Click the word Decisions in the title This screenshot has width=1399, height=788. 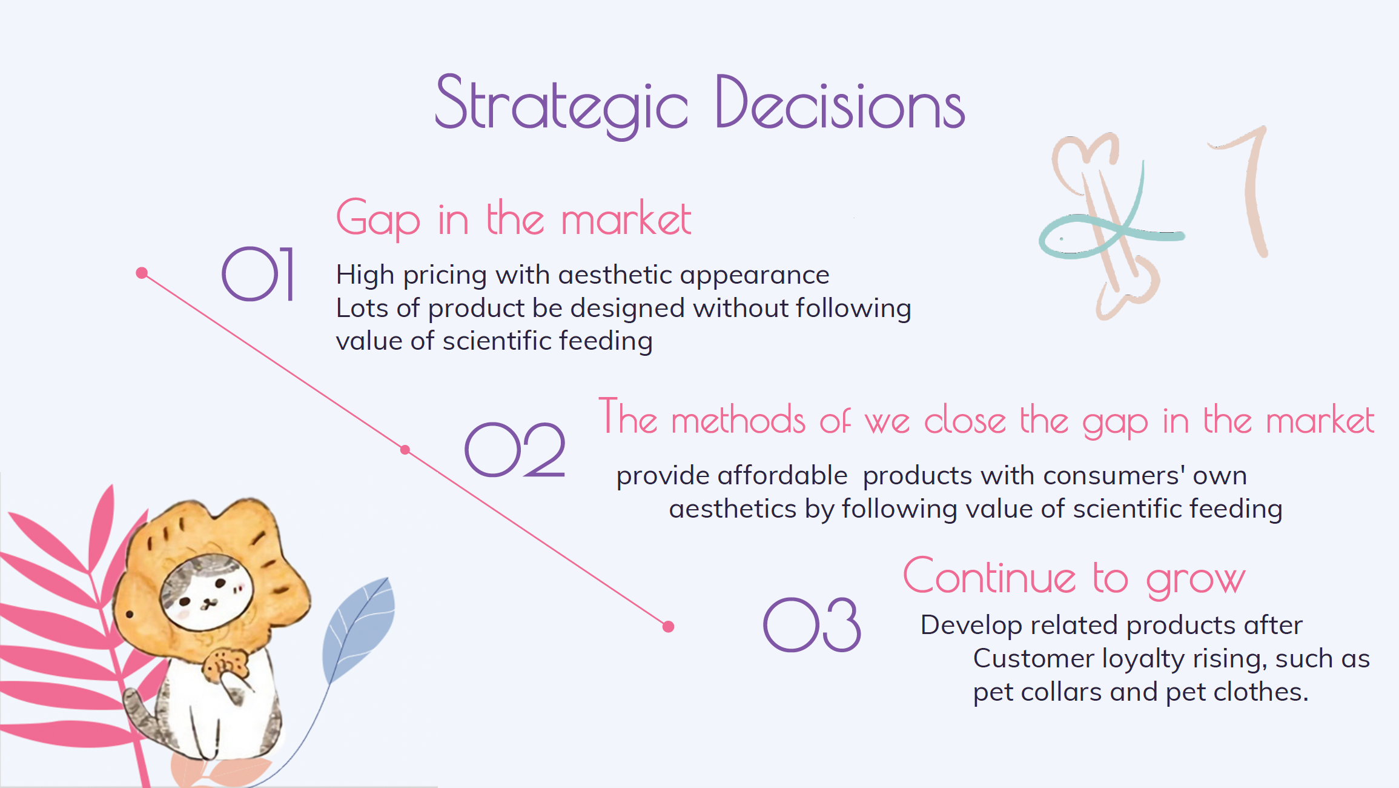840,102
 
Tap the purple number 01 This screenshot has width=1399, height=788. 258,274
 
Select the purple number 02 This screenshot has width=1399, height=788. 515,450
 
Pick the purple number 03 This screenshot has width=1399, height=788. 812,625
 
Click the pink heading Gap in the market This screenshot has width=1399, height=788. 514,218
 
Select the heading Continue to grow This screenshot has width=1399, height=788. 1074,577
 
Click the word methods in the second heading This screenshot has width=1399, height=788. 738,419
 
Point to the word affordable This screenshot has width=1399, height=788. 782,475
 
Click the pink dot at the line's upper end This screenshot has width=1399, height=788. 142,273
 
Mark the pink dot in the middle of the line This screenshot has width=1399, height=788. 405,450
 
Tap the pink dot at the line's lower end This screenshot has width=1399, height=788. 669,627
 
